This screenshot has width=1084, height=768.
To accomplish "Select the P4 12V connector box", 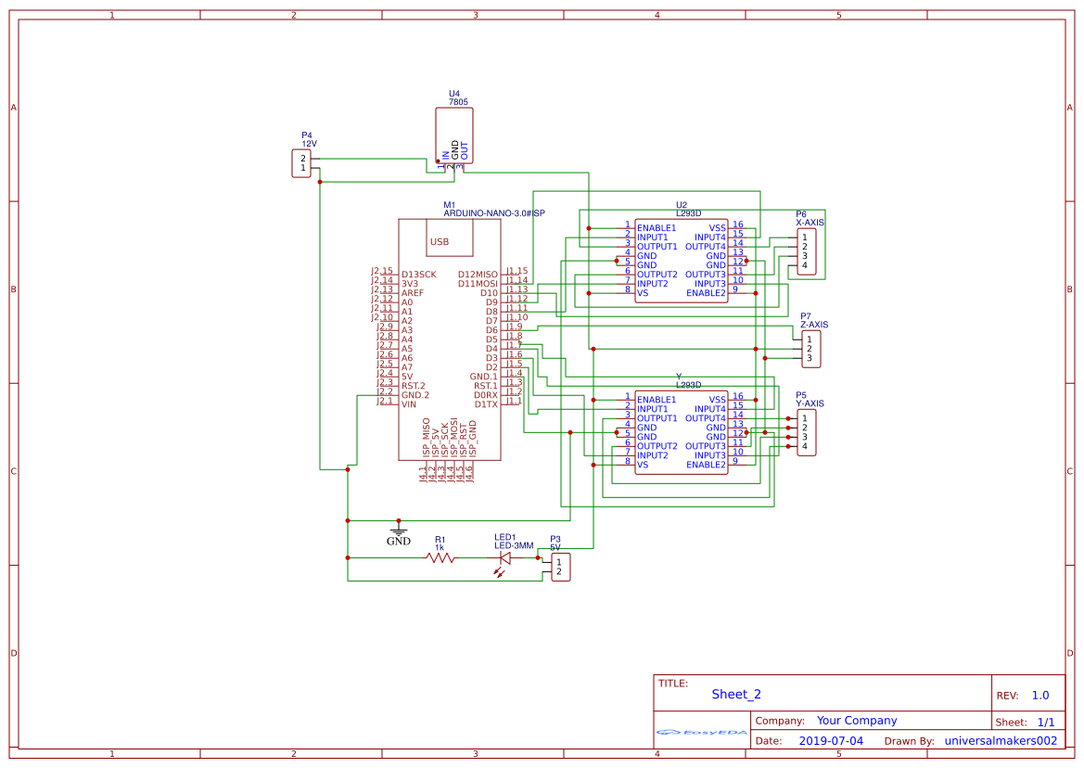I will tap(301, 163).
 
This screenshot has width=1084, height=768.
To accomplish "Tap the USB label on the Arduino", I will tap(439, 242).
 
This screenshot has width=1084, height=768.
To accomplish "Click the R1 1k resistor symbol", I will tap(440, 557).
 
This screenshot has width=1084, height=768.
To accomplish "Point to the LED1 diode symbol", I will tap(505, 557).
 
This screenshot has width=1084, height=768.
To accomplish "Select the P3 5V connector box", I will tap(560, 567).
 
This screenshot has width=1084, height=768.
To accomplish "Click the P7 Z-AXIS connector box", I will tap(810, 349).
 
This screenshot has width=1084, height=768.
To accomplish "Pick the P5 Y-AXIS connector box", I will tap(806, 432).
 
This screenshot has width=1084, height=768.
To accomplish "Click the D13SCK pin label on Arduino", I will tap(419, 275).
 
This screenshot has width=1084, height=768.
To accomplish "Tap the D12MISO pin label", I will tap(478, 275).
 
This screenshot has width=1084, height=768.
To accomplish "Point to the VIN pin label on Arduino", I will tap(409, 404).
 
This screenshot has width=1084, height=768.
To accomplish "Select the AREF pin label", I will tap(413, 293).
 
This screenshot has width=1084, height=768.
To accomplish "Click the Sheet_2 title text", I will tap(736, 694).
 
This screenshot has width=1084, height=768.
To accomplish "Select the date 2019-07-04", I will tap(831, 741).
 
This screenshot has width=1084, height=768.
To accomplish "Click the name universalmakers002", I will tap(1001, 741).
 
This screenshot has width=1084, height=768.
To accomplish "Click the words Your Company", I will tap(857, 721).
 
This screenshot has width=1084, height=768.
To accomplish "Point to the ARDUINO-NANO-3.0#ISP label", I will tap(494, 213).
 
